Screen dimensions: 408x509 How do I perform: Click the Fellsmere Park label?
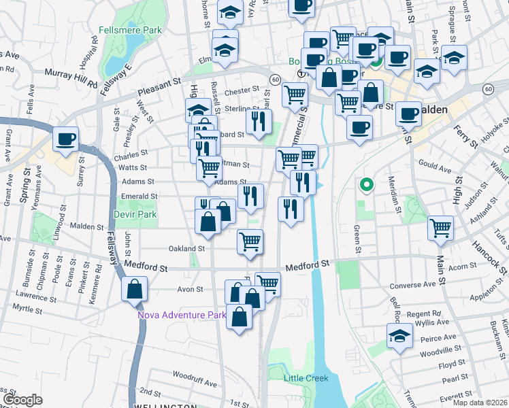click(x=130, y=30)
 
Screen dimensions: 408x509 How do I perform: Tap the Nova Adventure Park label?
click(x=182, y=315)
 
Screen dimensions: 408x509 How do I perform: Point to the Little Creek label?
click(x=306, y=378)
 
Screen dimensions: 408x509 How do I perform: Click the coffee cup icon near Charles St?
click(x=66, y=139)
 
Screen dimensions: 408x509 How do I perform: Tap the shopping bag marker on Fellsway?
click(x=134, y=290)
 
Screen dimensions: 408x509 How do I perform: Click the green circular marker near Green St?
click(x=366, y=184)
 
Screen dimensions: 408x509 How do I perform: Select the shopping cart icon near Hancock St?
click(x=441, y=228)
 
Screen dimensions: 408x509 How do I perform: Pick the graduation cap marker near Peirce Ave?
click(x=399, y=336)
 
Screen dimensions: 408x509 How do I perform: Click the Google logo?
click(x=22, y=400)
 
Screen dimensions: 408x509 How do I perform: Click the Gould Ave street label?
click(x=435, y=167)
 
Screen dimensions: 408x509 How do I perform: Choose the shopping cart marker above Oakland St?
click(x=250, y=241)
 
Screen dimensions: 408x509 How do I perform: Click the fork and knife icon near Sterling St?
click(x=259, y=121)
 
